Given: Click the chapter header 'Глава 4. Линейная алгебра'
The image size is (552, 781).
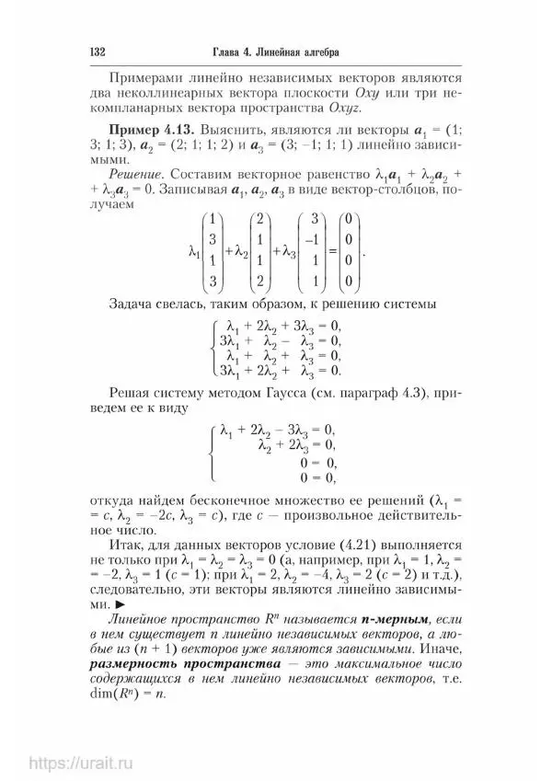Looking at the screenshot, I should pos(275,50).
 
